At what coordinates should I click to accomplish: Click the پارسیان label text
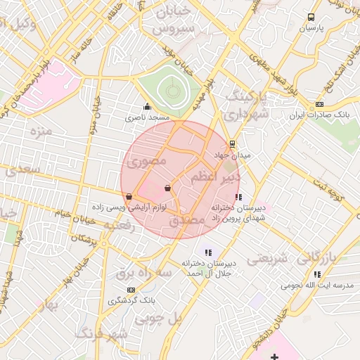pyautogui.click(x=310, y=30)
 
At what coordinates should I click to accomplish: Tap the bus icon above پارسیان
pyautogui.click(x=311, y=18)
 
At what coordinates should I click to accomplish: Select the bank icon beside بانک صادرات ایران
pyautogui.click(x=320, y=104)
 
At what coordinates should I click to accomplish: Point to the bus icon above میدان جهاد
pyautogui.click(x=233, y=144)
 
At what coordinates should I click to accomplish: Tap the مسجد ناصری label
pyautogui.click(x=148, y=117)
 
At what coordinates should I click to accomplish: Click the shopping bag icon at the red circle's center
pyautogui.click(x=167, y=188)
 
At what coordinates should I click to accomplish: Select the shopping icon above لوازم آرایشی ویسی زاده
pyautogui.click(x=128, y=197)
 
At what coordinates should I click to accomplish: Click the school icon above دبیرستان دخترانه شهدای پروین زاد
pyautogui.click(x=238, y=197)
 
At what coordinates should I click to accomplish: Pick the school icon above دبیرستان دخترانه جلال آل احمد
pyautogui.click(x=207, y=252)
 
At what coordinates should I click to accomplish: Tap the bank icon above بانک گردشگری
pyautogui.click(x=131, y=290)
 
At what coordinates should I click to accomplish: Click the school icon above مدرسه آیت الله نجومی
pyautogui.click(x=317, y=274)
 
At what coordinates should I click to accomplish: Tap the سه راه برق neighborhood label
pyautogui.click(x=134, y=271)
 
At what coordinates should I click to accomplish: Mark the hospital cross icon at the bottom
pyautogui.click(x=274, y=358)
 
